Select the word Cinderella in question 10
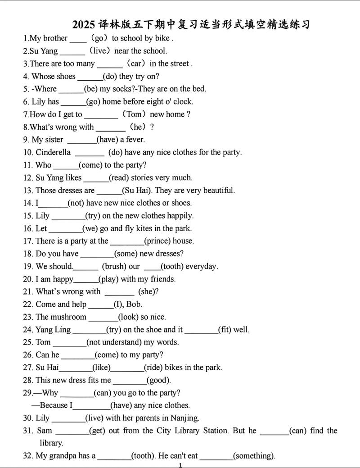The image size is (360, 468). pos(53,152)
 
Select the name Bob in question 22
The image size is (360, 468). pos(134,304)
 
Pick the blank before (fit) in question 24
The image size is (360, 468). pos(201,330)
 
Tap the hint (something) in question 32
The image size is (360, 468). pos(254,456)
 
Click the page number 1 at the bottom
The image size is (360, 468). pos(180,465)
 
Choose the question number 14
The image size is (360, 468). pos(28,203)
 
